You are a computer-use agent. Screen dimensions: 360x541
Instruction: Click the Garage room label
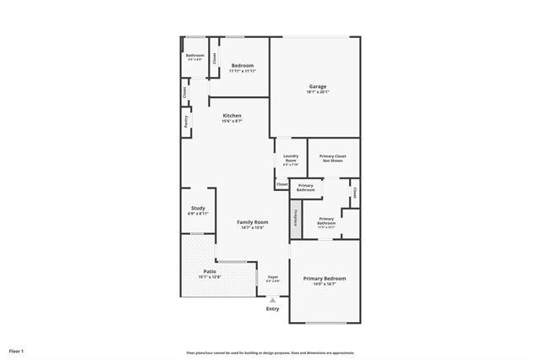coord(317,85)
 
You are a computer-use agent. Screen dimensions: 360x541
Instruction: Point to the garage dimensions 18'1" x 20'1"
coord(317,91)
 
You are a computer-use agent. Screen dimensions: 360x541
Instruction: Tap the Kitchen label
coord(232,115)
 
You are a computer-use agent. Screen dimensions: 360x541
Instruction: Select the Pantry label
coord(185,121)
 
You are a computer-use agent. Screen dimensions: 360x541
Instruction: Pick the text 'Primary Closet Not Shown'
coord(333,158)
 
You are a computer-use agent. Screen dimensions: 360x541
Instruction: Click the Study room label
coord(198,208)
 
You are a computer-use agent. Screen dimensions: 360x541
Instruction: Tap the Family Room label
coord(252,221)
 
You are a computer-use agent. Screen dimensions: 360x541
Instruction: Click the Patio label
coord(198,271)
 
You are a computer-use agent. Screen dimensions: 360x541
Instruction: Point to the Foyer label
coord(273,276)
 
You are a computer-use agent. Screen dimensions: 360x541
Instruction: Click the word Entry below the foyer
coord(272,308)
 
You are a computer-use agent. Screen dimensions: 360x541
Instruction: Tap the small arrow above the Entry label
coord(272,299)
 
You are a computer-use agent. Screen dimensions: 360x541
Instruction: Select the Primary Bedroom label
coord(325,278)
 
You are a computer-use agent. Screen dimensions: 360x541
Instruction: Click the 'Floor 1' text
coord(17,350)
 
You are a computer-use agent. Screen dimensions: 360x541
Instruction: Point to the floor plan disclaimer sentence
coord(270,352)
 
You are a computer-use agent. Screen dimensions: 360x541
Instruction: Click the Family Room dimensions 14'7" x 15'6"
coord(252,227)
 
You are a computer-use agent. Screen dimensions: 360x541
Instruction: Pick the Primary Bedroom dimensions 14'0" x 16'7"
coord(325,284)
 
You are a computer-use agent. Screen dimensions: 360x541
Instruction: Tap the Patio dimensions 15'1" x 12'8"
coord(198,277)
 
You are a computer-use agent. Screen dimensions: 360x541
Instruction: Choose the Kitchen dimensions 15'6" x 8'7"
coord(232,121)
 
